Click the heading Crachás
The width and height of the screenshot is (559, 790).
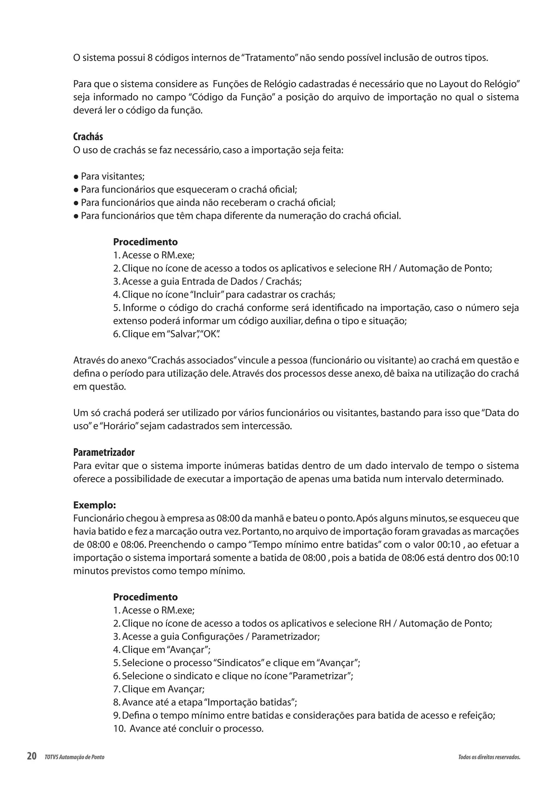click(x=88, y=137)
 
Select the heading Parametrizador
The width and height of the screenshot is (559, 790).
click(x=104, y=452)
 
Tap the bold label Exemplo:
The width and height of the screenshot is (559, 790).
click(x=94, y=505)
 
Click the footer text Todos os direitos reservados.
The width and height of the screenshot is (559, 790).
click(x=489, y=757)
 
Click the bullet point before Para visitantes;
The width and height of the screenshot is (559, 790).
click(x=76, y=177)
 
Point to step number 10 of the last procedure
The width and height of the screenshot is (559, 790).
click(x=120, y=728)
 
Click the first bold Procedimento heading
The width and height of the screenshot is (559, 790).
click(x=145, y=242)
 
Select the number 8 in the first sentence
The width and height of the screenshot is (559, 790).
click(x=150, y=58)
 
